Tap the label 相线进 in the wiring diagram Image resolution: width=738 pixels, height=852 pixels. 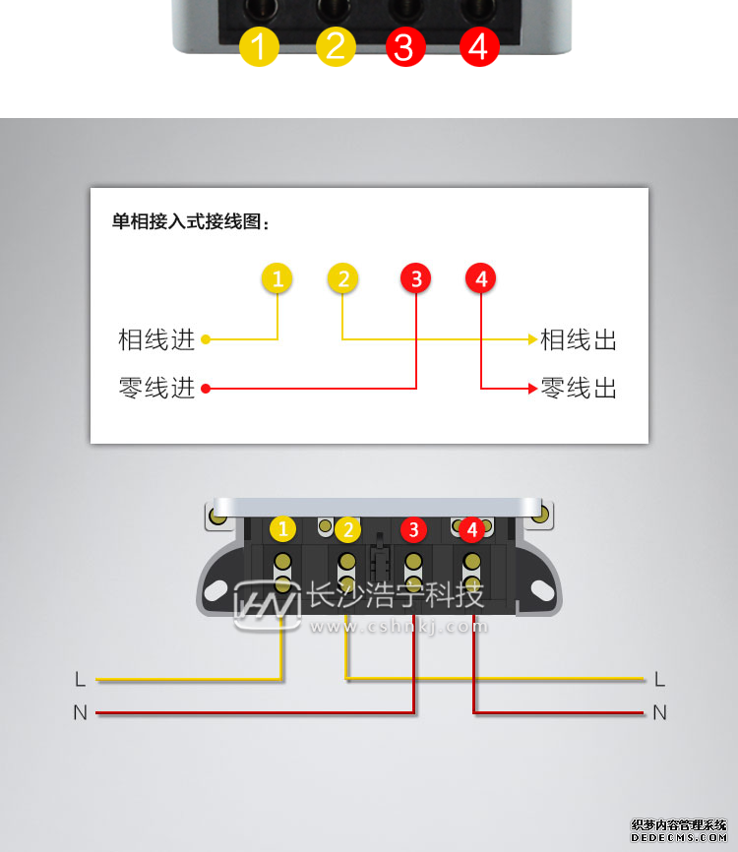pyautogui.click(x=156, y=340)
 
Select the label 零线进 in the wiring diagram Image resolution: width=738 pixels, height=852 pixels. pyautogui.click(x=156, y=388)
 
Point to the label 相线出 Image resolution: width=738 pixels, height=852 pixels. pyautogui.click(x=579, y=340)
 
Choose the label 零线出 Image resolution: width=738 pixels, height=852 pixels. pyautogui.click(x=579, y=388)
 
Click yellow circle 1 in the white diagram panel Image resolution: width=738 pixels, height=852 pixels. pyautogui.click(x=277, y=279)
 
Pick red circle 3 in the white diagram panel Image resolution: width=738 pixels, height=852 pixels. pyautogui.click(x=416, y=279)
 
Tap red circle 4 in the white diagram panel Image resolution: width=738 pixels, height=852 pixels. pyautogui.click(x=480, y=279)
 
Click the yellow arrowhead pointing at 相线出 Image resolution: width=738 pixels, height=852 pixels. pyautogui.click(x=532, y=340)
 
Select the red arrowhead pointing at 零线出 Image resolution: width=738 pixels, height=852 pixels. pyautogui.click(x=532, y=388)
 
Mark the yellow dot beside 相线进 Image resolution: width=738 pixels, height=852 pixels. pyautogui.click(x=206, y=340)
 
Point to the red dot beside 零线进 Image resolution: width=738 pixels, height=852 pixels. pyautogui.click(x=206, y=388)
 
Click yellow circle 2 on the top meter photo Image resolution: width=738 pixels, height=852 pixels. pyautogui.click(x=335, y=46)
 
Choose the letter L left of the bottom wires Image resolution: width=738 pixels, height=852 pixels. pyautogui.click(x=80, y=679)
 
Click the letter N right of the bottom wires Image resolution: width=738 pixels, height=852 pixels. pyautogui.click(x=659, y=712)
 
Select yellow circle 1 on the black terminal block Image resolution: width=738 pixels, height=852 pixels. pyautogui.click(x=283, y=529)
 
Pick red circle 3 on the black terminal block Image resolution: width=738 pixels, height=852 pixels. pyautogui.click(x=413, y=529)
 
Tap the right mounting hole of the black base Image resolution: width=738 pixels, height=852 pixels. pyautogui.click(x=540, y=588)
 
